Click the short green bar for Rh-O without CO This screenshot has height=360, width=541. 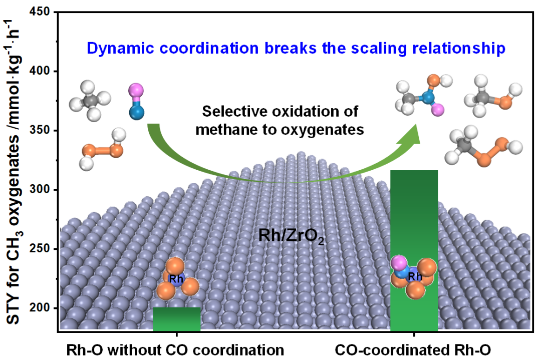[x=176, y=319]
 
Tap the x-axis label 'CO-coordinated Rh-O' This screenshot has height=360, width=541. [x=414, y=349]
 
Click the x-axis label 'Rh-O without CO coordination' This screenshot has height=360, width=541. [x=176, y=349]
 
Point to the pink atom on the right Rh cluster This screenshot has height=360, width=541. [x=398, y=262]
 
